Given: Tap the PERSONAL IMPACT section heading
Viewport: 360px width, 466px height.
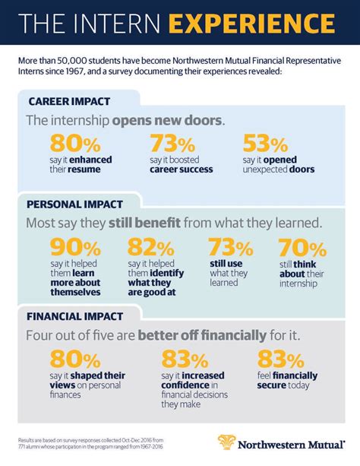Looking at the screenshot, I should click(x=75, y=204).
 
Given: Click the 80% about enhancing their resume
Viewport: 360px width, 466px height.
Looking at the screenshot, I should click(x=74, y=144).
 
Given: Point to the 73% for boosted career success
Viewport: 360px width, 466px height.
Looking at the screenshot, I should click(x=174, y=144).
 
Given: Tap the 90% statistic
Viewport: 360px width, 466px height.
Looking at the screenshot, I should click(x=74, y=248).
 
